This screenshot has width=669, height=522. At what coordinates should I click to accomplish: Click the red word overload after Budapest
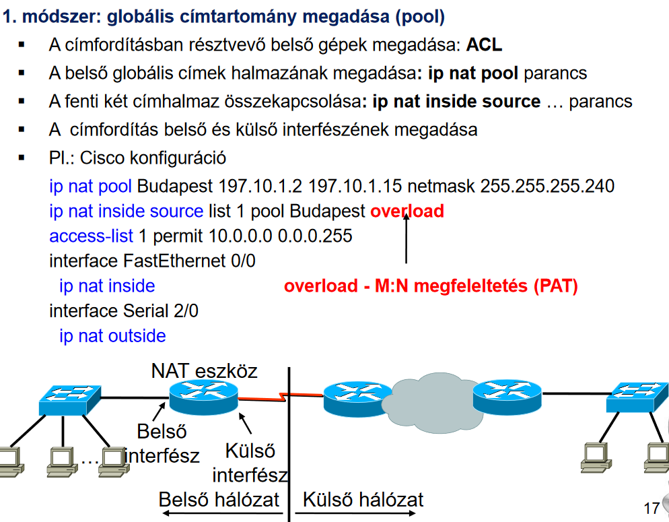[x=407, y=211]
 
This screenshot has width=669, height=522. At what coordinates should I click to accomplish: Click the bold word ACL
[x=484, y=45]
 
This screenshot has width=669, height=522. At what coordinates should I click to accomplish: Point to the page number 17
[x=652, y=508]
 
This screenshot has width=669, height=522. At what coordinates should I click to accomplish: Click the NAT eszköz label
[x=204, y=371]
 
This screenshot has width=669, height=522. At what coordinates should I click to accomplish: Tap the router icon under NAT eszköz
[x=203, y=397]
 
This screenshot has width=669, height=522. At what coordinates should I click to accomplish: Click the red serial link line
[x=262, y=399]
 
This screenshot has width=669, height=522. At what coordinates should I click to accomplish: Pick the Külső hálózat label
[x=363, y=500]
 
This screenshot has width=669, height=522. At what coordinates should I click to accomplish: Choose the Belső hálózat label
[x=218, y=500]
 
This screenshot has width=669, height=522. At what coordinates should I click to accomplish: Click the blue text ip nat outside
[x=112, y=335]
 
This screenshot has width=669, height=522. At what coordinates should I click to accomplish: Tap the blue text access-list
[x=91, y=236]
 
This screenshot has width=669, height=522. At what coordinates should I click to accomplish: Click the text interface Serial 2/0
[x=124, y=311]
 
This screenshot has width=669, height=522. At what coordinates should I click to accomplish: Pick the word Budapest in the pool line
[x=176, y=186]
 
